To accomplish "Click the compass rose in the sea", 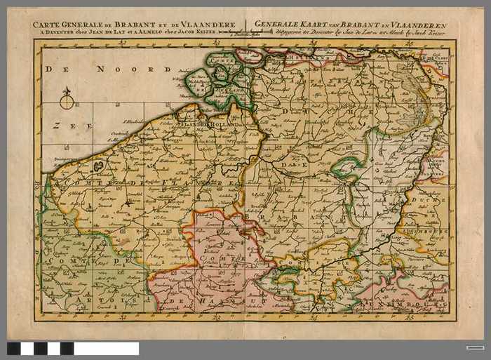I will [67, 101].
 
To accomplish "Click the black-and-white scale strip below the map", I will [73, 348].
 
